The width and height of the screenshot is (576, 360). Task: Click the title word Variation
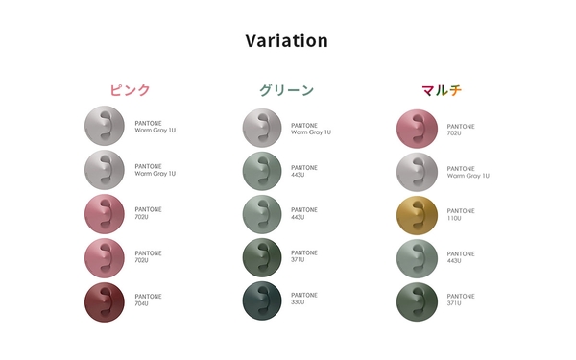point(286,40)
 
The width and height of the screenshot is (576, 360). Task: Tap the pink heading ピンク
point(130,90)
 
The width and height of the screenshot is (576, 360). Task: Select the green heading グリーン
point(286,90)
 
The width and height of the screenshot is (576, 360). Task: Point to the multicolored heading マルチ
point(442,90)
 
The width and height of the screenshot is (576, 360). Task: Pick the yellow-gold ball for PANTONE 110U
point(417,215)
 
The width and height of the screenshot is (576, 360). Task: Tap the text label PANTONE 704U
point(149,300)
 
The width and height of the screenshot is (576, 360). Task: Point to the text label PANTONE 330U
point(304,299)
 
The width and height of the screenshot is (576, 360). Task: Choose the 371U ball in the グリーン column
point(262,256)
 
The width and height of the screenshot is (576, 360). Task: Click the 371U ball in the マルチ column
point(417,300)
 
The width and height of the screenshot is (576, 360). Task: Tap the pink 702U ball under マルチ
point(417,130)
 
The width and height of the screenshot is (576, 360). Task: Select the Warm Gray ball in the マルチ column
point(417,172)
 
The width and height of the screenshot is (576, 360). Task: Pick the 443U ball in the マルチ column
point(417,257)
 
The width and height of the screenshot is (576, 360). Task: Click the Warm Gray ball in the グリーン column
point(262,129)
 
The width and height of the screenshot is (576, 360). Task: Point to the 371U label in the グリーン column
point(304,256)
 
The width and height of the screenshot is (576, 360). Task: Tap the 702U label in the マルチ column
point(461,130)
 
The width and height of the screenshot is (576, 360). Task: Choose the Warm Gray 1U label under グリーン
point(311,129)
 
